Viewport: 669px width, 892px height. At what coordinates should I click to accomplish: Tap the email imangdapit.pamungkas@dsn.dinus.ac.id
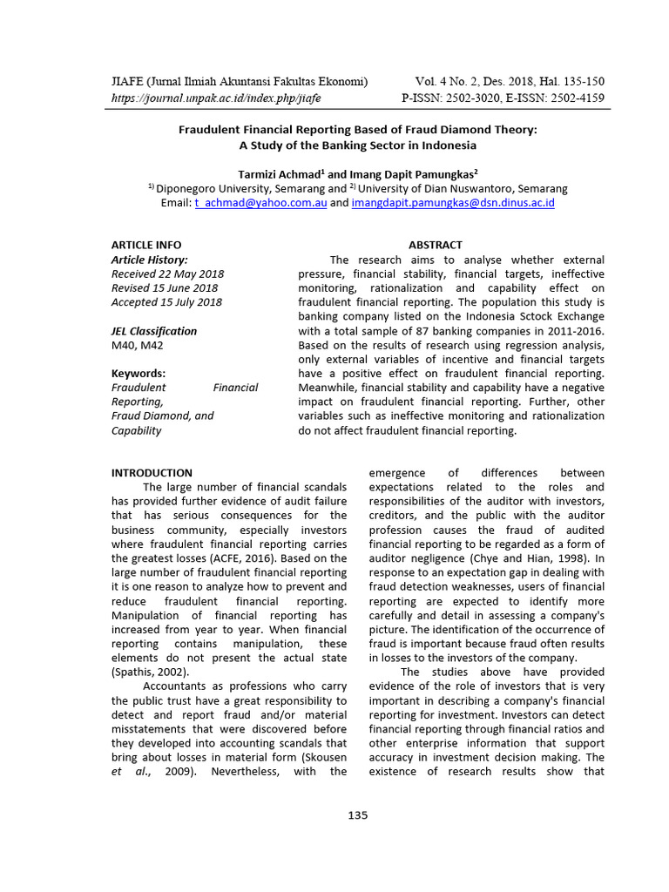453,203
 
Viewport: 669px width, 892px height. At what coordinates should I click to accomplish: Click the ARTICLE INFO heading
146,245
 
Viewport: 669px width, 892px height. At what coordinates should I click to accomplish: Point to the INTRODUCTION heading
152,473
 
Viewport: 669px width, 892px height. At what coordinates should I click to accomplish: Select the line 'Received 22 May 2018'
167,274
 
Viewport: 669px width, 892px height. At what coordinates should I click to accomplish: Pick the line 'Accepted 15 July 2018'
166,302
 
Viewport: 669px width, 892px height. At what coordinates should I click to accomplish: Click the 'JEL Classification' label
154,331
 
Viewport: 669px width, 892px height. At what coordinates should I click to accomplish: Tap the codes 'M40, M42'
138,345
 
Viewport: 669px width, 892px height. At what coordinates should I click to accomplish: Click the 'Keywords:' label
139,374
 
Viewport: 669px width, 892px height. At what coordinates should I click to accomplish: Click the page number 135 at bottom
357,815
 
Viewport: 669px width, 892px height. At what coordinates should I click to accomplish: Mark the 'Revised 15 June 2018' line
165,287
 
